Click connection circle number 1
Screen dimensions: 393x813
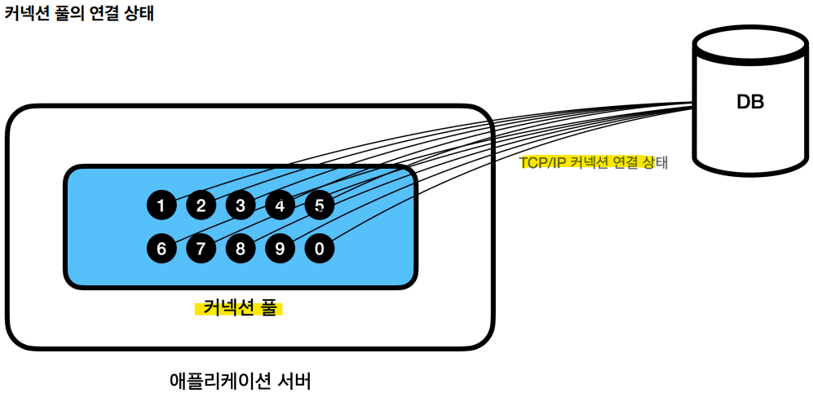click(161, 205)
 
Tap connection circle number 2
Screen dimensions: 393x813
click(201, 205)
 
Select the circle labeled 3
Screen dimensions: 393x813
click(241, 205)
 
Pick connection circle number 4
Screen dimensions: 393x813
click(280, 205)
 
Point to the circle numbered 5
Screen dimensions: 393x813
click(319, 205)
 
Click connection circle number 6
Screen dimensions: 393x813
click(161, 248)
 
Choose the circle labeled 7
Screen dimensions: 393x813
click(201, 248)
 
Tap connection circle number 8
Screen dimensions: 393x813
click(241, 248)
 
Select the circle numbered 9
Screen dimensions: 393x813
click(280, 248)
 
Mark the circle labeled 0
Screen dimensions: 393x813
click(319, 248)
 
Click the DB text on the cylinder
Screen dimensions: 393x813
click(749, 102)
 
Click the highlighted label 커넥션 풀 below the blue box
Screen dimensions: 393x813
click(238, 308)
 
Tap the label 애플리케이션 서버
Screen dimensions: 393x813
click(240, 380)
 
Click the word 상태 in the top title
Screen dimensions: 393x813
click(138, 15)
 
